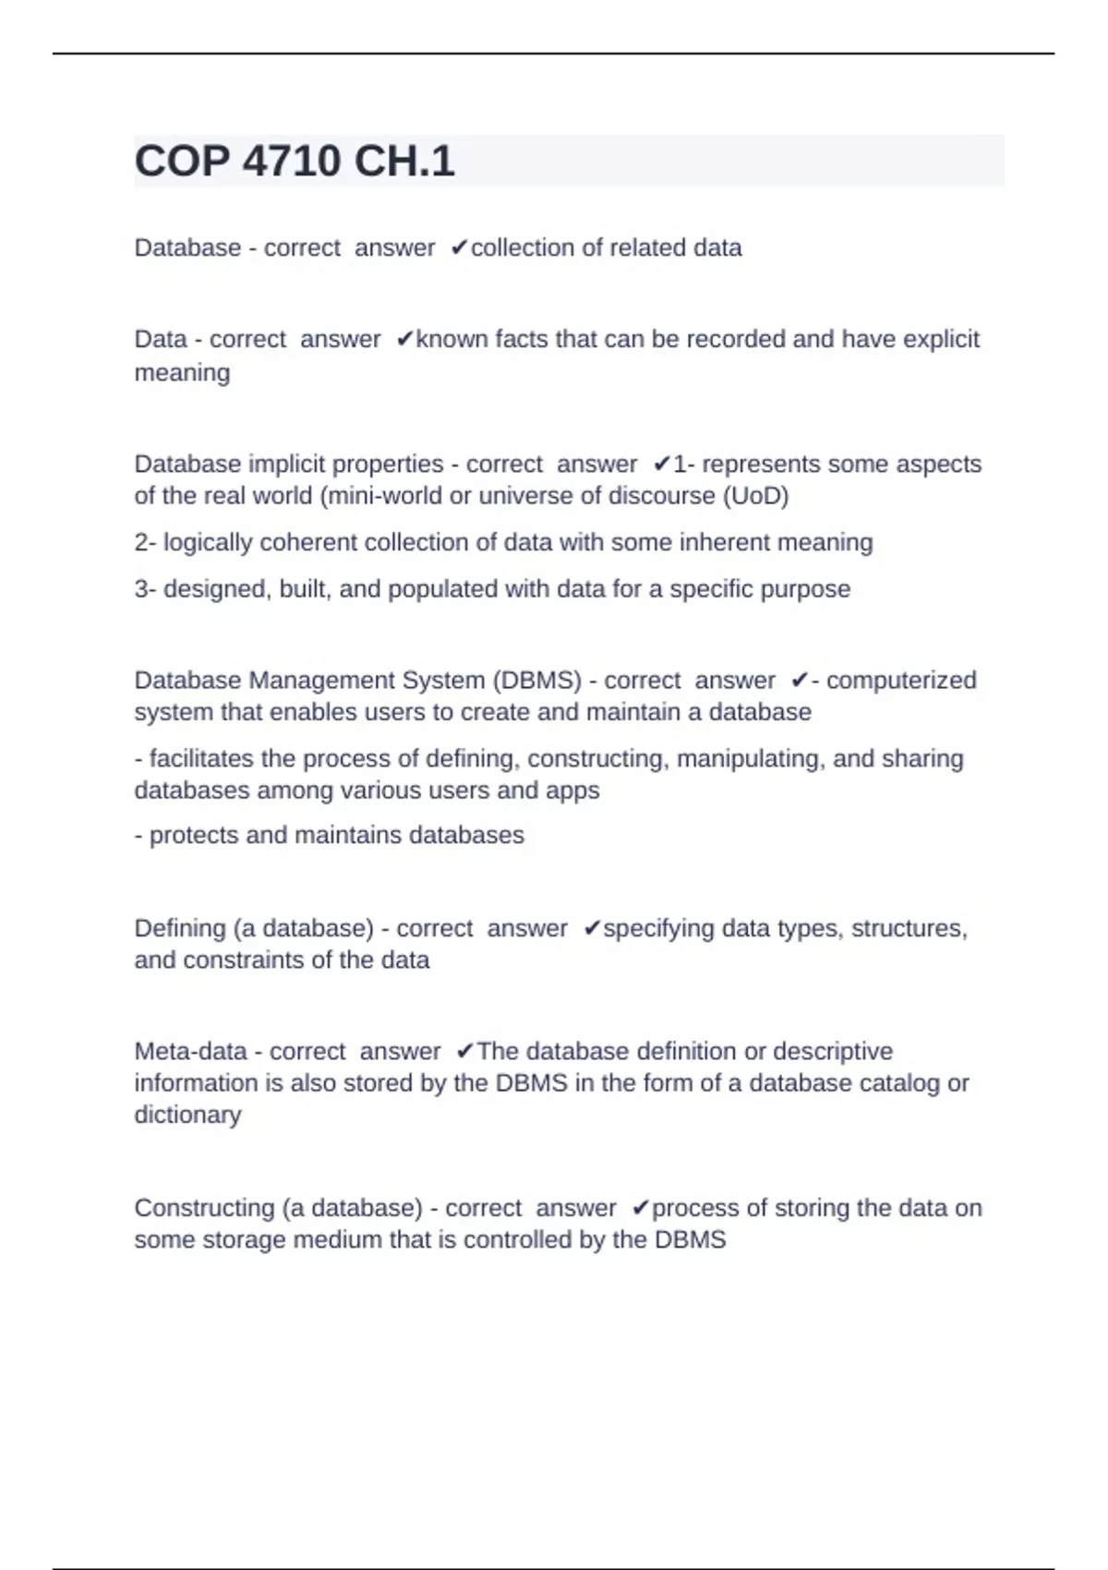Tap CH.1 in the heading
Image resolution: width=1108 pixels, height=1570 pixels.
(x=404, y=162)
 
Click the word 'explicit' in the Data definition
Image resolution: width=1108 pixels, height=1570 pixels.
(x=941, y=340)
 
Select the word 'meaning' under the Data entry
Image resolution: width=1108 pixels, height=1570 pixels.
(x=182, y=373)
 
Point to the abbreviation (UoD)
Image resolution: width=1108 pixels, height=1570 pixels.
(x=755, y=496)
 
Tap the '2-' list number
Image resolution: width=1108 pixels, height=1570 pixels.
(x=145, y=542)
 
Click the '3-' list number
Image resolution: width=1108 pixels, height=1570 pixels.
(x=145, y=589)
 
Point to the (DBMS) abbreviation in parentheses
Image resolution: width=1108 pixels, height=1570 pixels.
(x=536, y=681)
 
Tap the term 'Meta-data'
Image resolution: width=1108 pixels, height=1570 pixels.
(x=190, y=1052)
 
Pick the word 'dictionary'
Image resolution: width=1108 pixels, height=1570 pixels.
(x=187, y=1115)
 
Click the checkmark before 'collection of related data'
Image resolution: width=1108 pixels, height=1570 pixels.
(x=459, y=248)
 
